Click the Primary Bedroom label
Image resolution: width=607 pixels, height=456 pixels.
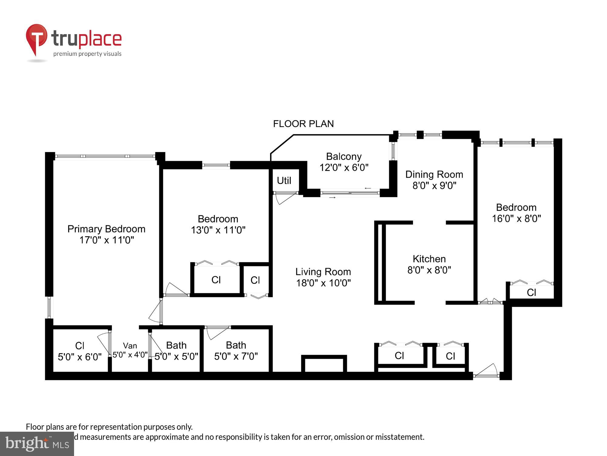(x=106, y=229)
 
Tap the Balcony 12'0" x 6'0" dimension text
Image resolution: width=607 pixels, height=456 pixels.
(x=344, y=167)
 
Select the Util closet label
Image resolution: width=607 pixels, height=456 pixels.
(x=284, y=181)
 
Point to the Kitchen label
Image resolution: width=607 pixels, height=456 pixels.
(x=429, y=259)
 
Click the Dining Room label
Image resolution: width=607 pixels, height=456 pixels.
(x=434, y=174)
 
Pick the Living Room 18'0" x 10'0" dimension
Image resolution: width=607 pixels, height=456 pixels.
(x=323, y=283)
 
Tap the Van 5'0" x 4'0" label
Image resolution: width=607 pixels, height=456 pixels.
(x=130, y=350)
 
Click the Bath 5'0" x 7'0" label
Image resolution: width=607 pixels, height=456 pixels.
(x=236, y=351)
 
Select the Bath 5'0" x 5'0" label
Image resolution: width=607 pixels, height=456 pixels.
(x=176, y=351)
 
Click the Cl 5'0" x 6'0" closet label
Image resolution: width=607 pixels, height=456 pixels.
(x=80, y=351)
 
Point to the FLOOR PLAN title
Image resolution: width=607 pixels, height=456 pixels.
(x=303, y=124)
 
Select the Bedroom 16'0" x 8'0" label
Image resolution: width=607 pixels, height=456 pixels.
(x=516, y=213)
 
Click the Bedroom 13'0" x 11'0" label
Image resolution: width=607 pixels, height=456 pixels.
(x=218, y=224)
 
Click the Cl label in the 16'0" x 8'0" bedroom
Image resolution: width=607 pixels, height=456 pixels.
(x=531, y=292)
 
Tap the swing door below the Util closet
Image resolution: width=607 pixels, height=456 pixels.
(x=284, y=198)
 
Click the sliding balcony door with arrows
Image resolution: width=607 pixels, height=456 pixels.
(x=350, y=193)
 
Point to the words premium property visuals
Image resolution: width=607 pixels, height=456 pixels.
(x=87, y=54)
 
